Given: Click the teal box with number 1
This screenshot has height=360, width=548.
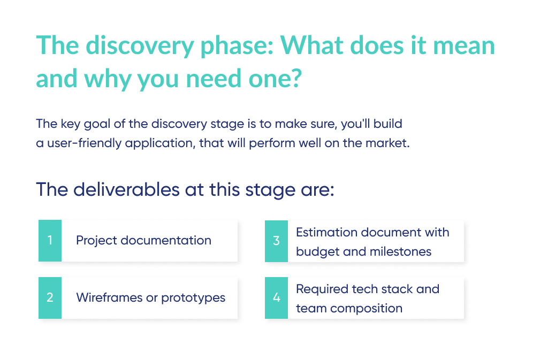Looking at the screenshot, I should pyautogui.click(x=50, y=241).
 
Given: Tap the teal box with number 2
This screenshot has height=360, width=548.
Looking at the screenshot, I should pyautogui.click(x=50, y=298).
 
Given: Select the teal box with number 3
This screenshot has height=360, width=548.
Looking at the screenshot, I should pyautogui.click(x=276, y=241).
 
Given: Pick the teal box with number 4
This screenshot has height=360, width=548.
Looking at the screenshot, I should pyautogui.click(x=276, y=298).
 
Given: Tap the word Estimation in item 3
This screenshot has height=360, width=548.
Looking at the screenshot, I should pyautogui.click(x=326, y=233).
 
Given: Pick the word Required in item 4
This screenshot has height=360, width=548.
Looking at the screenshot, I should pyautogui.click(x=322, y=289).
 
